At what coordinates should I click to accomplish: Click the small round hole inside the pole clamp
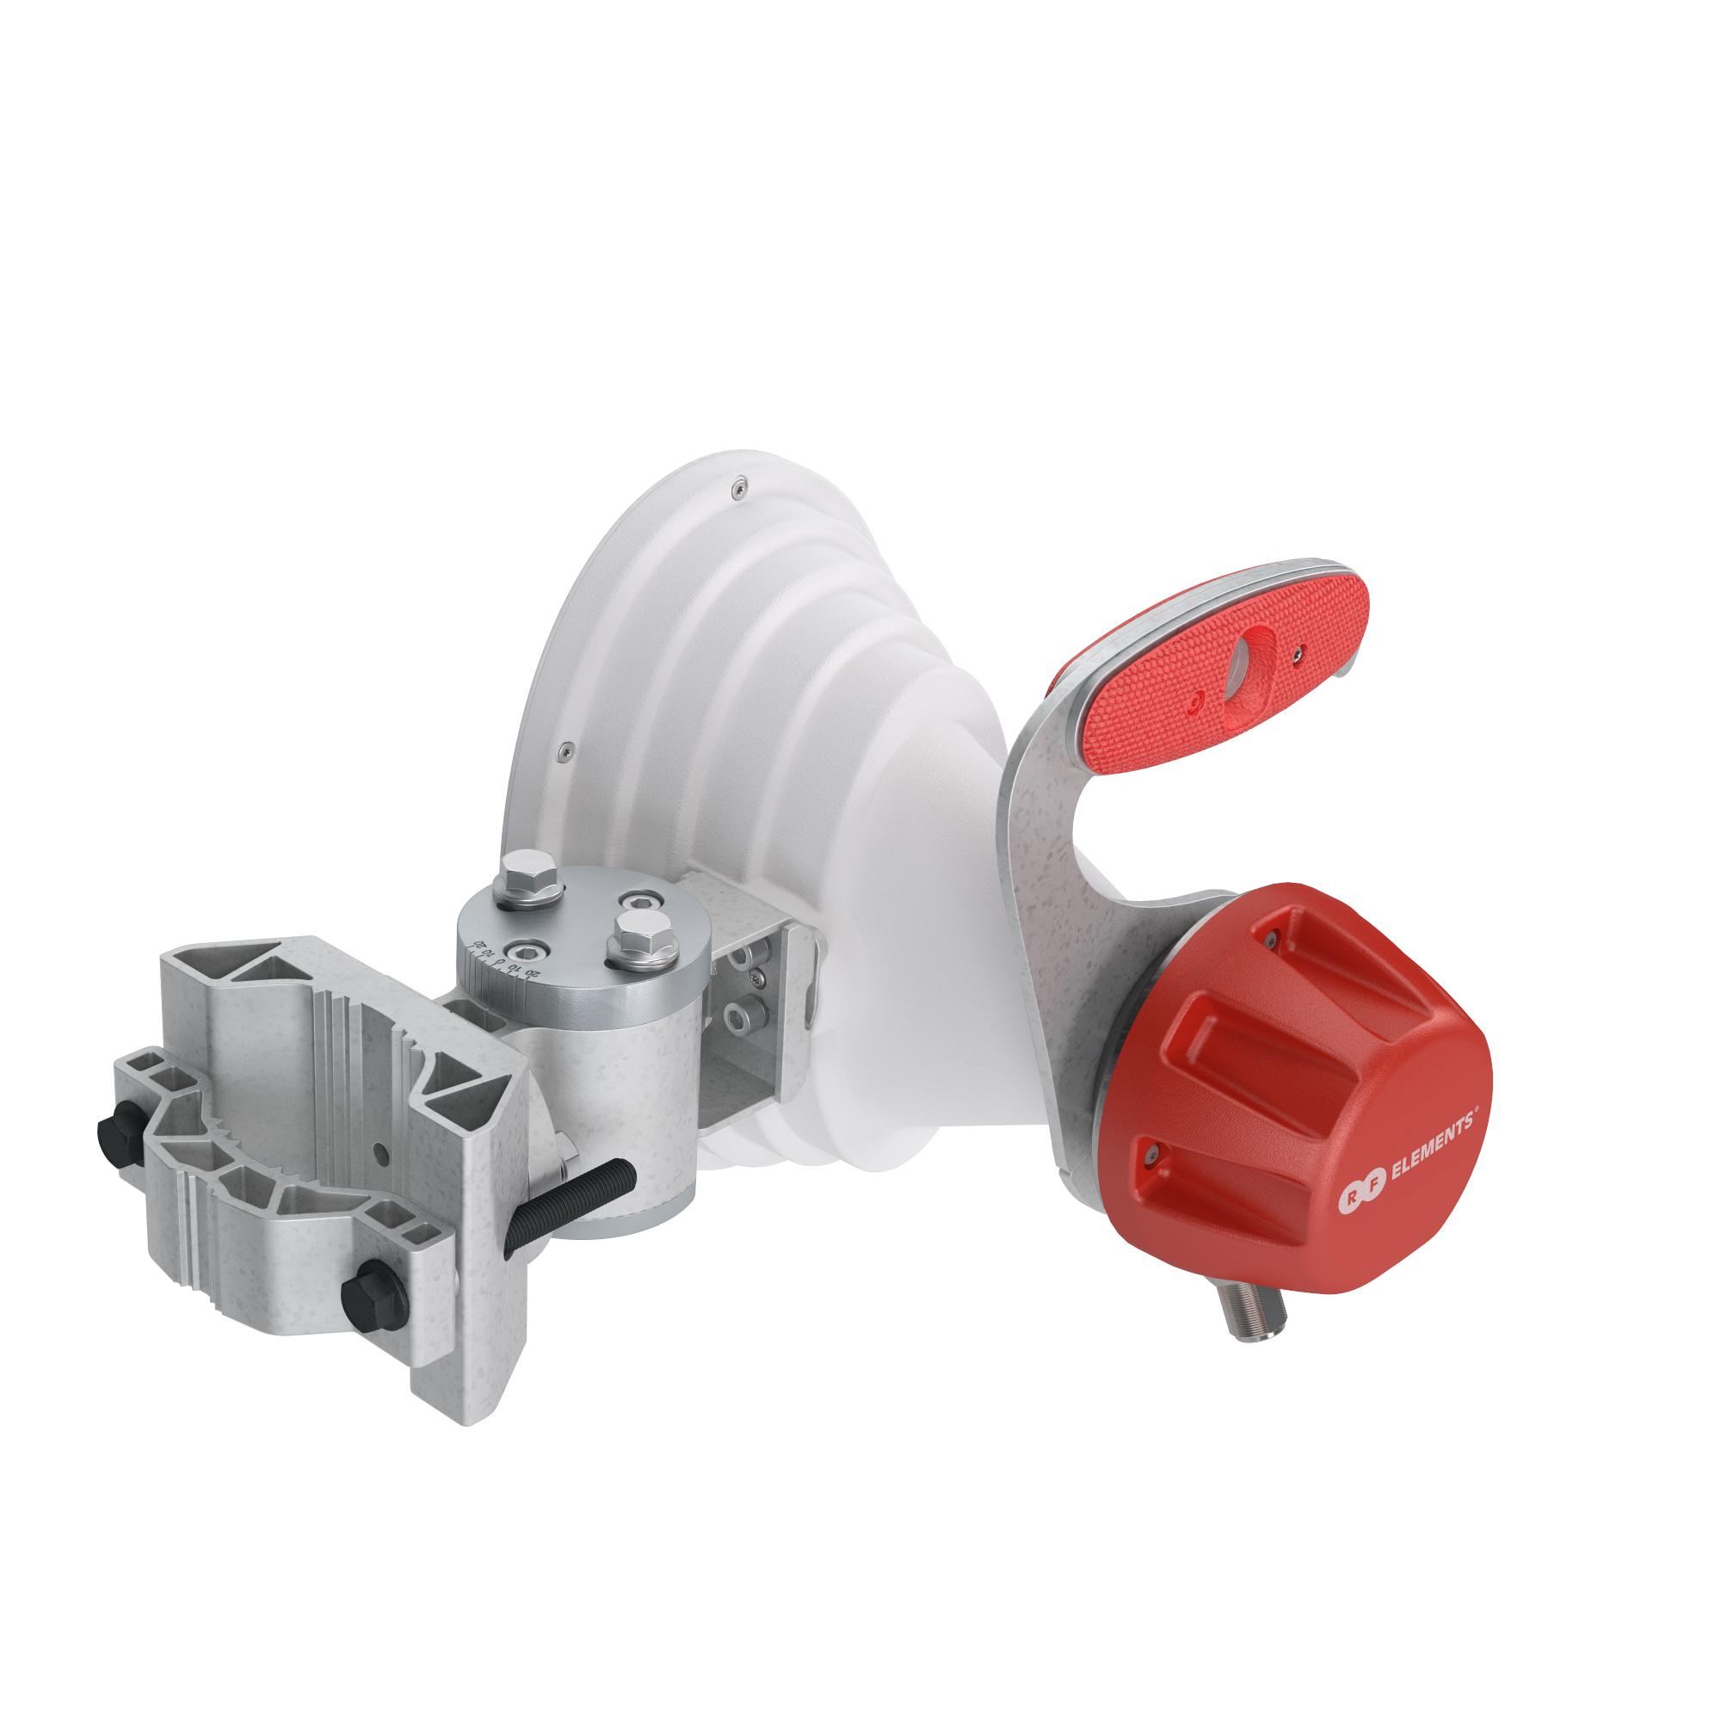tap(380, 1157)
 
